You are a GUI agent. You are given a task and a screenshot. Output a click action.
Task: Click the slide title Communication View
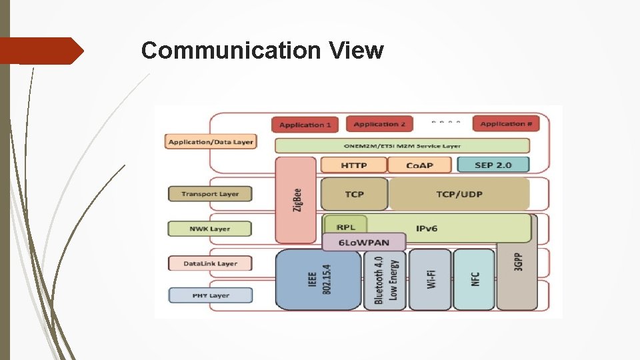(x=262, y=50)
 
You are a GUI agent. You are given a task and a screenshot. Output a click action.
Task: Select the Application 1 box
(x=305, y=125)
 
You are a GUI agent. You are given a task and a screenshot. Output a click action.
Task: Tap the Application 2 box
(x=379, y=124)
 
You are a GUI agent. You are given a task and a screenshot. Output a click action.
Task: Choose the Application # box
(x=506, y=124)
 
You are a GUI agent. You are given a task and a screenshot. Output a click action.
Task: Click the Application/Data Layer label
(x=211, y=142)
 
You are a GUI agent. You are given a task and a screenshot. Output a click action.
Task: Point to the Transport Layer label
(x=210, y=194)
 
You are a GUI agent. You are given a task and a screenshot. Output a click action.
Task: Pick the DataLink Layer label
(x=210, y=263)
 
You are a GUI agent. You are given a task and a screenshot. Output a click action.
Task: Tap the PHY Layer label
(x=210, y=295)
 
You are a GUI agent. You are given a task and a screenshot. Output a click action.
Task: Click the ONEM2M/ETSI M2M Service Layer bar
(x=402, y=145)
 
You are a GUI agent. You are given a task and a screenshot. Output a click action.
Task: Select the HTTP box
(x=353, y=165)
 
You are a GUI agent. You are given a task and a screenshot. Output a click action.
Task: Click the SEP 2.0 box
(x=493, y=165)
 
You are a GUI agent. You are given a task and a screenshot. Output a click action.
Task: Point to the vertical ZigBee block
(x=296, y=200)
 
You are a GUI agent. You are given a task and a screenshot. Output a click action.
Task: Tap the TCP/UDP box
(x=459, y=194)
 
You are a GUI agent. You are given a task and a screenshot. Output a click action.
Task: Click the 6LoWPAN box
(x=364, y=242)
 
